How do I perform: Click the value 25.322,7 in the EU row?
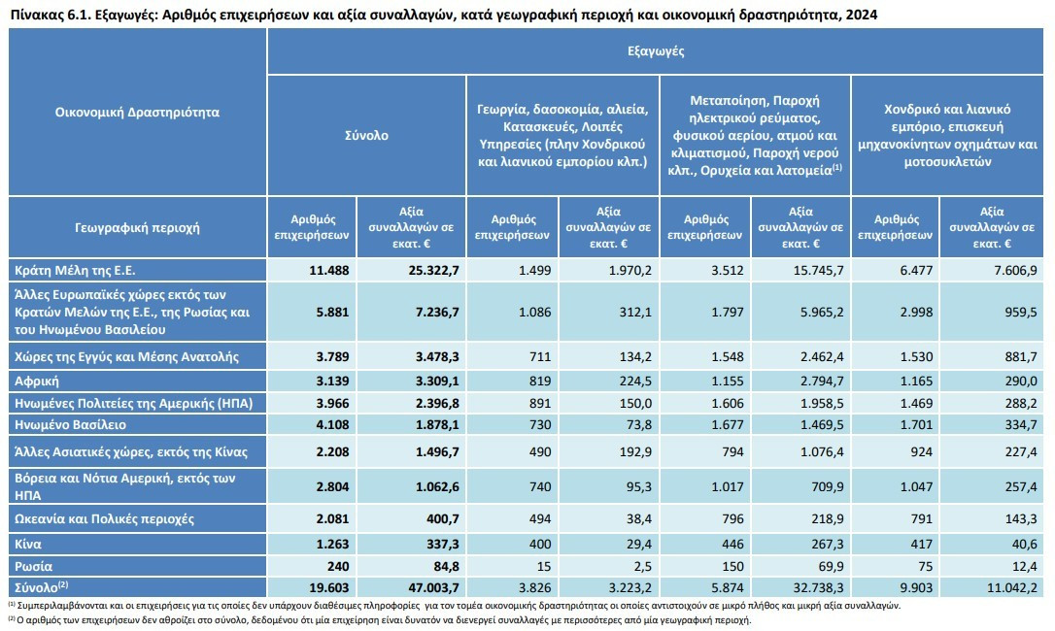pyautogui.click(x=433, y=271)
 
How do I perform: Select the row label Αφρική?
pyautogui.click(x=37, y=382)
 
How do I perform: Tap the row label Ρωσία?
pyautogui.click(x=34, y=566)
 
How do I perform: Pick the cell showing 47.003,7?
pyautogui.click(x=433, y=587)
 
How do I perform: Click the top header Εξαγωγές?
pyautogui.click(x=656, y=51)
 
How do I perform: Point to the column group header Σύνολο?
pyautogui.click(x=366, y=135)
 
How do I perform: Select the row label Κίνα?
pyautogui.click(x=28, y=545)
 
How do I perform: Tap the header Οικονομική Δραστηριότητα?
pyautogui.click(x=137, y=112)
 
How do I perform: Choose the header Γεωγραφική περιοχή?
pyautogui.click(x=137, y=227)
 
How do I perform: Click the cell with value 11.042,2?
pyautogui.click(x=1012, y=587)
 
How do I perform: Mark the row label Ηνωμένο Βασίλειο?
pyautogui.click(x=71, y=425)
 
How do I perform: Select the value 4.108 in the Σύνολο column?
pyautogui.click(x=329, y=425)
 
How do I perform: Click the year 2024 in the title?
pyautogui.click(x=862, y=15)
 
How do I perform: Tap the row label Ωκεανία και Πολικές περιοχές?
pyautogui.click(x=104, y=519)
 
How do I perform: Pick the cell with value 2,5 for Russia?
pyautogui.click(x=641, y=566)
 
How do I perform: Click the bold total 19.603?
pyautogui.click(x=329, y=587)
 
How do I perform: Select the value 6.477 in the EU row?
pyautogui.click(x=916, y=271)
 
